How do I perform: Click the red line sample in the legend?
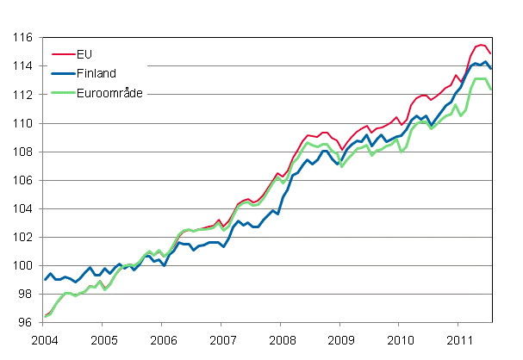click(x=63, y=56)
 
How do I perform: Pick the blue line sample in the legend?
click(x=63, y=74)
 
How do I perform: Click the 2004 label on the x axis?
click(x=45, y=338)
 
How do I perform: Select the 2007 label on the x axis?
click(x=222, y=338)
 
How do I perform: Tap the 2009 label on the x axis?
click(x=340, y=338)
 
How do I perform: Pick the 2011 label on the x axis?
click(x=459, y=338)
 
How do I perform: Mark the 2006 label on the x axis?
click(x=163, y=338)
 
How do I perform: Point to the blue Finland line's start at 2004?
click(x=45, y=280)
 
